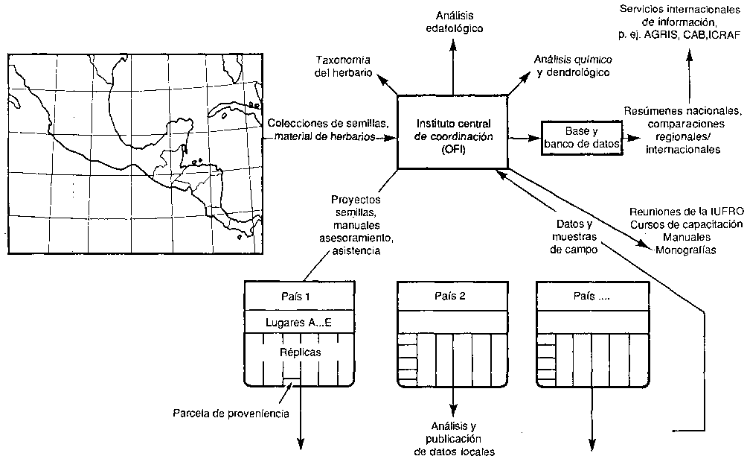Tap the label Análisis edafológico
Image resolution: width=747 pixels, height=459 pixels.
point(455,22)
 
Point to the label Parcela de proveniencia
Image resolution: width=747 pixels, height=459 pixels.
point(231,412)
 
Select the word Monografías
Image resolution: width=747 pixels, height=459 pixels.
point(686,250)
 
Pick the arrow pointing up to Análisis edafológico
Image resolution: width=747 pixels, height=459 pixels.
point(454,63)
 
